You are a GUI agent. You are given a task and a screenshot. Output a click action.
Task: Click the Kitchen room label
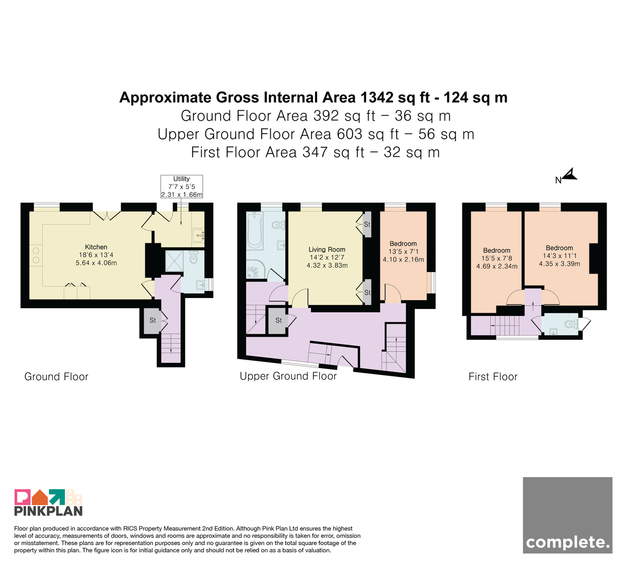96,255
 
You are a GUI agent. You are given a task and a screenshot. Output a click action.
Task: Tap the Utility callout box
182,186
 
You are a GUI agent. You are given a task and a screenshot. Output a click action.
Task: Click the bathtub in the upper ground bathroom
254,231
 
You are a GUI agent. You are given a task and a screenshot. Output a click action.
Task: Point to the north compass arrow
570,174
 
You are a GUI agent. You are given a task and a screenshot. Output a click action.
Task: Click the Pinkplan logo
49,502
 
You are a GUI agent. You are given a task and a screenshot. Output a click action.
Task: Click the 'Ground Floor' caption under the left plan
56,377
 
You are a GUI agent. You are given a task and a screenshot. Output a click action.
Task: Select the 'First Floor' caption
493,377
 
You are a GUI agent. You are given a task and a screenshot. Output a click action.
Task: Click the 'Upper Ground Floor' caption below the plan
288,376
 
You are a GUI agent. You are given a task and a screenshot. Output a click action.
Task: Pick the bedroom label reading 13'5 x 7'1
403,252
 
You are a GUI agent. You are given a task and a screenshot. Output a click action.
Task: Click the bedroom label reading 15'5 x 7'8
497,258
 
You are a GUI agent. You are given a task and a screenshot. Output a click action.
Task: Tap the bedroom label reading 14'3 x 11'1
560,256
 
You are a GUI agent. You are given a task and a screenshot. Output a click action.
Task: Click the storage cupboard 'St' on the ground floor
153,321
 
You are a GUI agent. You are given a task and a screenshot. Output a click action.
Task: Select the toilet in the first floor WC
572,324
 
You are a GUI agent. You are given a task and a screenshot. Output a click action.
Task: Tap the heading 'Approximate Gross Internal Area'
237,98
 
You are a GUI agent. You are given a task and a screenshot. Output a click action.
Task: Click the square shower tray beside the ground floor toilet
174,261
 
